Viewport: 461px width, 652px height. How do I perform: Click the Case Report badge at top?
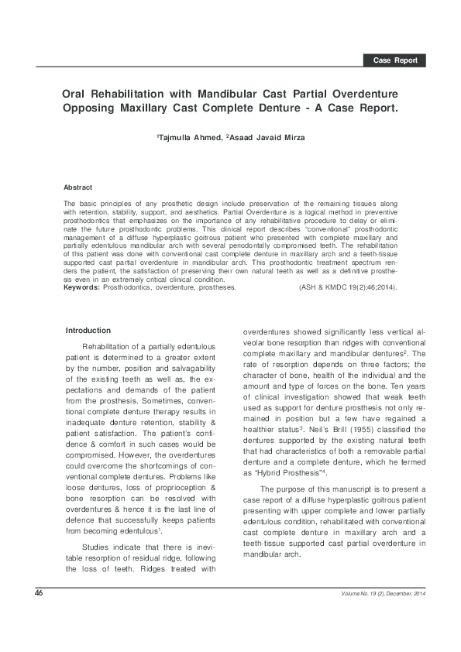(x=395, y=60)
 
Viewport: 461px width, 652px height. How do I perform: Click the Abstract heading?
(x=77, y=187)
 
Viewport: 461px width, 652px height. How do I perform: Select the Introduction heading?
(x=88, y=331)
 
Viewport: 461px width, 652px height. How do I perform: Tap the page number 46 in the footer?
(x=37, y=593)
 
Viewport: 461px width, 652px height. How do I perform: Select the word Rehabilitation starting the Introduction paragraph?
(x=112, y=348)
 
